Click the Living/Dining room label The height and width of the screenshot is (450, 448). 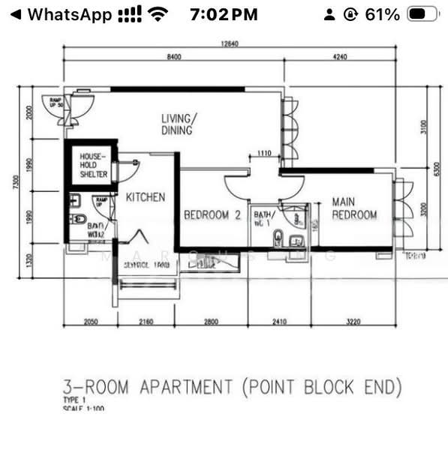[179, 124]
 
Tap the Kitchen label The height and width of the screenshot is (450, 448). [146, 197]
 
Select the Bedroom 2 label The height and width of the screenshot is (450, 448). [212, 215]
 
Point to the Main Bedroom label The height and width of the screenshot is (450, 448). [354, 208]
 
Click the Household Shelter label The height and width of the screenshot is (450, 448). [94, 165]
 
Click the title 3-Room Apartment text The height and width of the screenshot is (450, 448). [232, 388]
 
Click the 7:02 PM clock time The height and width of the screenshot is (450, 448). [224, 14]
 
